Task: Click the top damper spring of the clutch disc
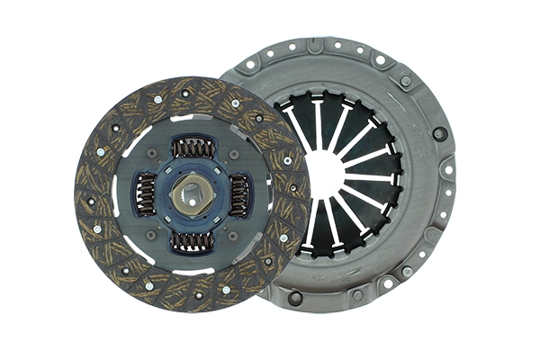[193, 147]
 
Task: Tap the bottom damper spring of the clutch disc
[193, 240]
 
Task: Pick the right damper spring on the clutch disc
[239, 193]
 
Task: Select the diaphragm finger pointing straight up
[317, 121]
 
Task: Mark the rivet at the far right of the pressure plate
[440, 133]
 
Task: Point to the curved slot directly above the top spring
[192, 118]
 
